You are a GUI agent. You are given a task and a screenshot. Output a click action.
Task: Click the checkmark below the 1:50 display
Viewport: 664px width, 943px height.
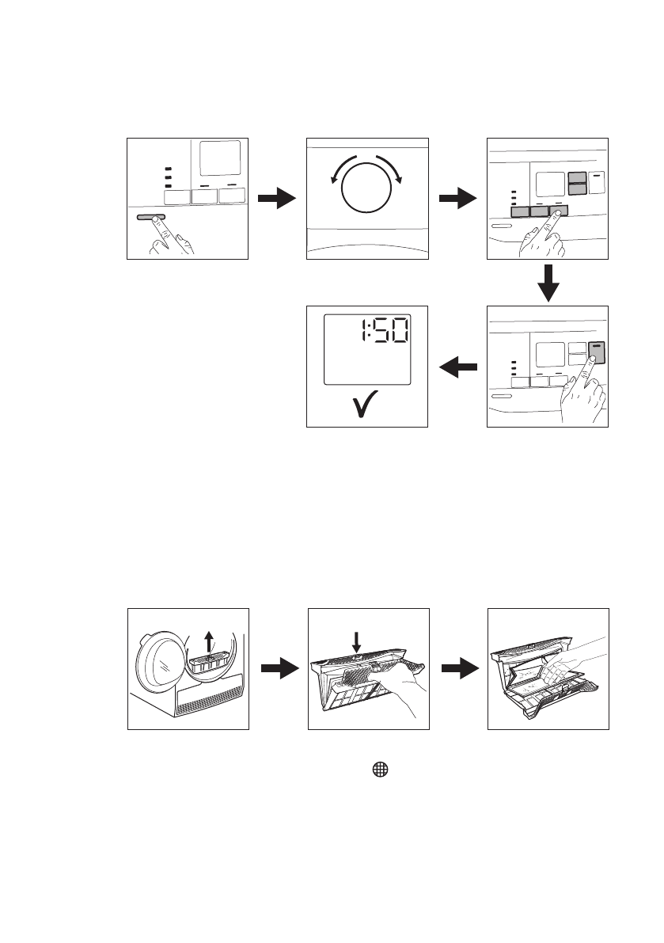click(366, 405)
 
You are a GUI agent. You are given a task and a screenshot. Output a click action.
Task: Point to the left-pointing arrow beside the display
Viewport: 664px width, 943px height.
click(458, 367)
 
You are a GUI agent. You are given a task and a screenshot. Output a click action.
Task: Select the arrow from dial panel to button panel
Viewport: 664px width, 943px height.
click(458, 199)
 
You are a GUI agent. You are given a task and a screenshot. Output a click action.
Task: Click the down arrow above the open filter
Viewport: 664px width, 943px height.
click(355, 642)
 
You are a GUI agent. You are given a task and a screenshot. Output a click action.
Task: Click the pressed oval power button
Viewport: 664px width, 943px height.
click(150, 216)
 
